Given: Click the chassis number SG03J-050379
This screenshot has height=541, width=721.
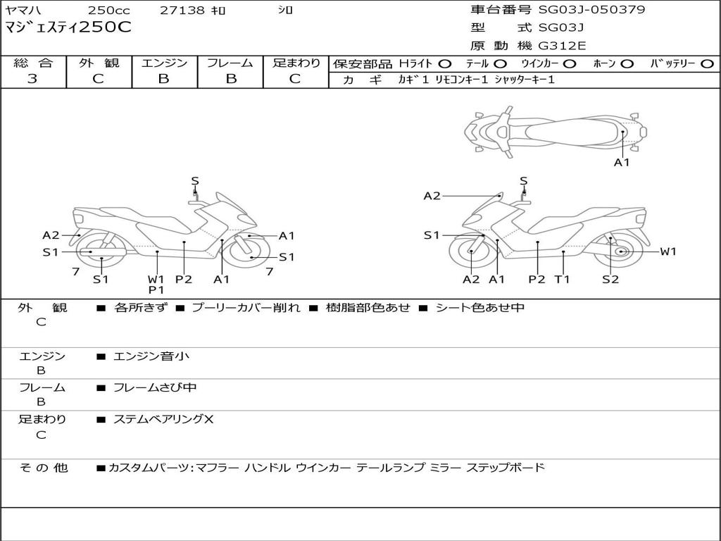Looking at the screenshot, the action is pos(591,10).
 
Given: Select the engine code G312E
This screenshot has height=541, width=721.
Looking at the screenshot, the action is pos(562,46).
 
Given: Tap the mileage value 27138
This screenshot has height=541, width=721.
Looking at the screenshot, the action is pos(182,11).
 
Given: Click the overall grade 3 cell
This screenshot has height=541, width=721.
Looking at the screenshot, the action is pos(32,79).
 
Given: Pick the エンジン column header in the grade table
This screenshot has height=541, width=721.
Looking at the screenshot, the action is pos(164,63).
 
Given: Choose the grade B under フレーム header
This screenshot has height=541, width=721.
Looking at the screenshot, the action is pos(230,79).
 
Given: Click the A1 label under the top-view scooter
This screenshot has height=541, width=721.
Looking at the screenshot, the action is pos(622,163).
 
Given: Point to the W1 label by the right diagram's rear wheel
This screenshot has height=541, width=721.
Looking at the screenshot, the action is pos(667,251).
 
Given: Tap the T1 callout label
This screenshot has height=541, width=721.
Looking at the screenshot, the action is pos(562,280).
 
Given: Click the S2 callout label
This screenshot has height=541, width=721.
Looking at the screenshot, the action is pos(610,280).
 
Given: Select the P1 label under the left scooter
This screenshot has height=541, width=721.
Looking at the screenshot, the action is pos(156,290).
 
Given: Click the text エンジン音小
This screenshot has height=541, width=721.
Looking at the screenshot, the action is pos(151,356).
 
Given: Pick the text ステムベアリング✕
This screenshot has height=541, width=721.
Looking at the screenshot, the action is pos(163,419).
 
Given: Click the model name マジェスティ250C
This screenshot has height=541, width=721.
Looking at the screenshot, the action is pos(68,28).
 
